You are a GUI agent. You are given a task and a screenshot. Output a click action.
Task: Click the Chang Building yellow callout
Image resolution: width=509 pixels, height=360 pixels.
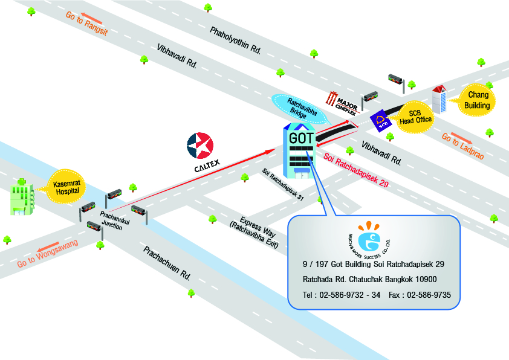click(477, 100)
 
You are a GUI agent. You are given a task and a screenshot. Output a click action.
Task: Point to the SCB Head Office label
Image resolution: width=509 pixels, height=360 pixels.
click(416, 117)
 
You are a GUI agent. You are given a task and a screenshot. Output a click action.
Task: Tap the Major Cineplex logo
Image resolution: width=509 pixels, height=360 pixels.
click(342, 100)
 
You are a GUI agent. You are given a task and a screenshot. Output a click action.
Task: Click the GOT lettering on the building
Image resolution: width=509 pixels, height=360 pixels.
click(302, 137)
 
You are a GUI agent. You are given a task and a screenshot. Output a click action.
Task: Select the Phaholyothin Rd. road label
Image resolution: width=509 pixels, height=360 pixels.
click(236, 41)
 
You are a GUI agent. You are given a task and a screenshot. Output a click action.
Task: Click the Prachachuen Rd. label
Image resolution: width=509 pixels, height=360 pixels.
click(167, 263)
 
